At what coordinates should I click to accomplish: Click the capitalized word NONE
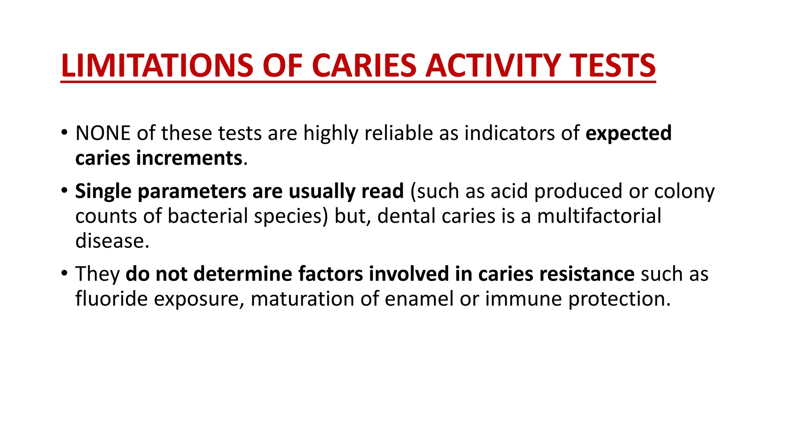(x=103, y=133)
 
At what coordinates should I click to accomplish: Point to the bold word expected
(x=628, y=133)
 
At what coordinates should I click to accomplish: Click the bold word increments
(x=189, y=158)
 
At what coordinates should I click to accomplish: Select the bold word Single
(x=103, y=192)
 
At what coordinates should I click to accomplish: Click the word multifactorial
(x=599, y=216)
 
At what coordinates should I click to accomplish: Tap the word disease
(x=112, y=241)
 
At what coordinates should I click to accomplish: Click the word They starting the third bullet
(x=98, y=274)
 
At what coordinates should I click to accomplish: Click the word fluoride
(x=111, y=299)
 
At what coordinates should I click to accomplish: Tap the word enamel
(x=419, y=299)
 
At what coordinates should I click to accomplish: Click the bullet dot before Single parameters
(x=64, y=191)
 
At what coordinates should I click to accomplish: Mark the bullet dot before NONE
(x=64, y=133)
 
